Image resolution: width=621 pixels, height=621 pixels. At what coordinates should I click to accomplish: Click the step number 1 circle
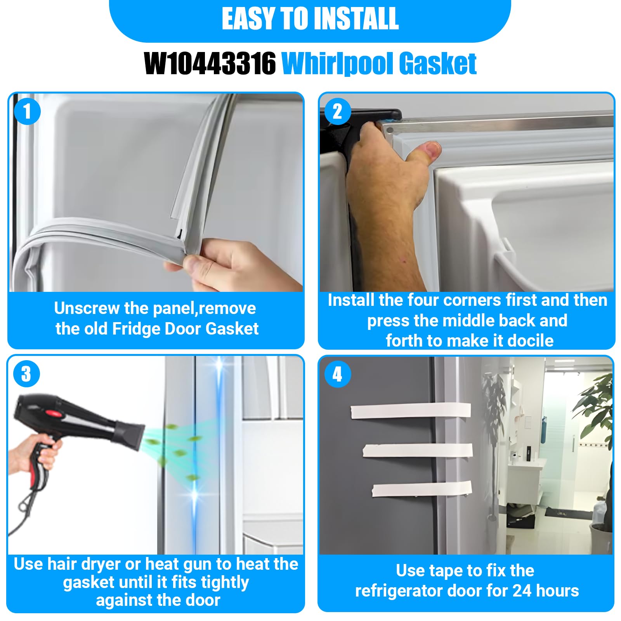click(27, 111)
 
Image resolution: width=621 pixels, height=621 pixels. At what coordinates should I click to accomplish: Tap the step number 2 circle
click(337, 111)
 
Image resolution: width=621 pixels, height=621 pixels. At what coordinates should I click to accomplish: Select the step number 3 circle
click(26, 374)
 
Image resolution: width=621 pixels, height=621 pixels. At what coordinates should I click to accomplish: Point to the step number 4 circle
click(337, 374)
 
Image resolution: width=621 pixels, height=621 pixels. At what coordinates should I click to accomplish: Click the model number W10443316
click(210, 64)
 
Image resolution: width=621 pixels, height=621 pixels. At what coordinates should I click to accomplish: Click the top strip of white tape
click(411, 411)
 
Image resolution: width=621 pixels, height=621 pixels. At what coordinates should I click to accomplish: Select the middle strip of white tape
click(418, 451)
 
